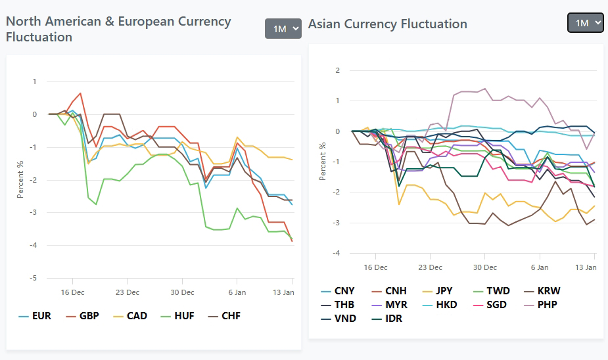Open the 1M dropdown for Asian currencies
[x=585, y=23]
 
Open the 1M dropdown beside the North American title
[x=283, y=29]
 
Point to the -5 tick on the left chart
[x=34, y=278]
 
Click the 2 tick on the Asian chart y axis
[x=337, y=70]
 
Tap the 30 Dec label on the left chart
[x=183, y=292]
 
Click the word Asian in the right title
[x=327, y=24]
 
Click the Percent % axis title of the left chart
[x=20, y=179]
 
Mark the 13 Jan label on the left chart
[x=283, y=292]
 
